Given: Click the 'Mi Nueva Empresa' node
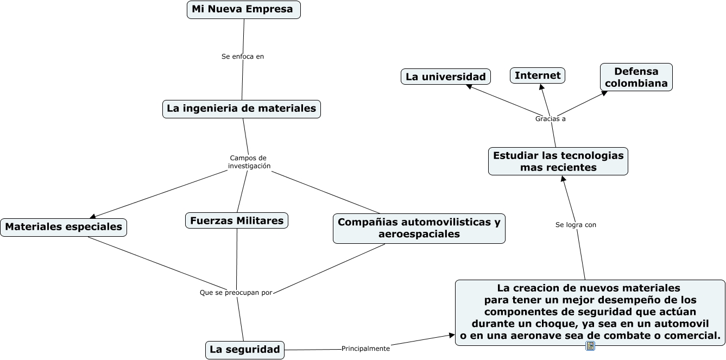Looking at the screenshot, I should [x=243, y=10].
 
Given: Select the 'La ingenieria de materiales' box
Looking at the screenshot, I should [x=242, y=109].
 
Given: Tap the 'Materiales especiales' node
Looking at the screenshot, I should [x=64, y=227].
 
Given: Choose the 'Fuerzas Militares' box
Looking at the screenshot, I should [x=236, y=220].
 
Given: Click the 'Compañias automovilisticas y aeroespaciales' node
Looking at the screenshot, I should [x=419, y=228].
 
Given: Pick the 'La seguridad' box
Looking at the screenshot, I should [x=245, y=350].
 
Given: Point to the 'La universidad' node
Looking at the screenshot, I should [x=446, y=77].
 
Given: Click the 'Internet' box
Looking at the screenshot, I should [x=538, y=75].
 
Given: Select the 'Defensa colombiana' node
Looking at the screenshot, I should [x=636, y=77].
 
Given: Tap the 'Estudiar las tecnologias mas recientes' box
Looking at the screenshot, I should [x=558, y=161].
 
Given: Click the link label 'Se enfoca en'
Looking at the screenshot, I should [x=243, y=56].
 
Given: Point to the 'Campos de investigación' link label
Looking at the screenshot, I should [x=249, y=162].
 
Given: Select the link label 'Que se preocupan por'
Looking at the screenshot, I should [x=236, y=293].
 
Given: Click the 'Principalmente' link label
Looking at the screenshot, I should [x=365, y=349].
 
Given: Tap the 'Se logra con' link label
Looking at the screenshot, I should [x=576, y=225].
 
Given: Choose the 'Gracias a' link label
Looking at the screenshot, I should [x=551, y=119].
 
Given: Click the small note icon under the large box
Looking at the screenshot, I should [x=590, y=346].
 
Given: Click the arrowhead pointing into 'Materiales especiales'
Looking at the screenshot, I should [x=93, y=216].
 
